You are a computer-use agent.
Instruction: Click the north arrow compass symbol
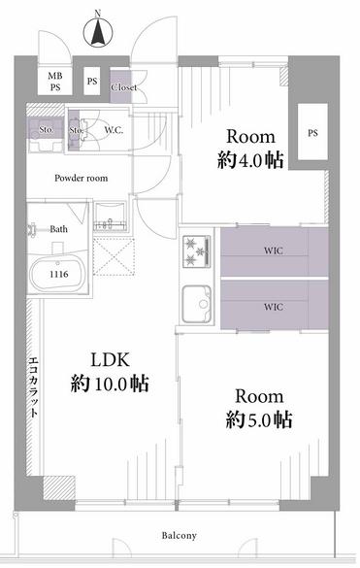click(x=97, y=33)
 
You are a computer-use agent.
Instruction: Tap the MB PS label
click(x=55, y=82)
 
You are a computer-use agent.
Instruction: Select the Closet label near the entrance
click(x=124, y=87)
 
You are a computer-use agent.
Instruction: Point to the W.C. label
click(x=114, y=130)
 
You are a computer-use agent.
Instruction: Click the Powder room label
click(x=82, y=178)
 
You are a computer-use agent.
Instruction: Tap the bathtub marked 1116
click(x=57, y=273)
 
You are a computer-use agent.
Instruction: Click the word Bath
click(x=58, y=229)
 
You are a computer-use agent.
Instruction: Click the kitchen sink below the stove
click(x=197, y=304)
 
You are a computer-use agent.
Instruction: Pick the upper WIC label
click(x=274, y=251)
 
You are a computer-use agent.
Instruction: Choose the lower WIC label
click(x=274, y=307)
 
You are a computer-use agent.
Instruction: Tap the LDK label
click(x=110, y=360)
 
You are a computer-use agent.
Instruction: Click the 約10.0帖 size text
click(x=110, y=384)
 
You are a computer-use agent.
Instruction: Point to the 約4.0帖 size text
click(x=250, y=160)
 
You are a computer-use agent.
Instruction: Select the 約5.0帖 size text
click(x=259, y=419)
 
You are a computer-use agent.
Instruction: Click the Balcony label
click(x=180, y=535)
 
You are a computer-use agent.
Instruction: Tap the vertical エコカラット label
click(x=33, y=386)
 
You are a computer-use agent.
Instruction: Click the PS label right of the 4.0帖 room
click(x=312, y=133)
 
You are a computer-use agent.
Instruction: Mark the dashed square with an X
click(x=114, y=256)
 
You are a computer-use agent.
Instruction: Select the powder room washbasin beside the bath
click(x=110, y=217)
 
